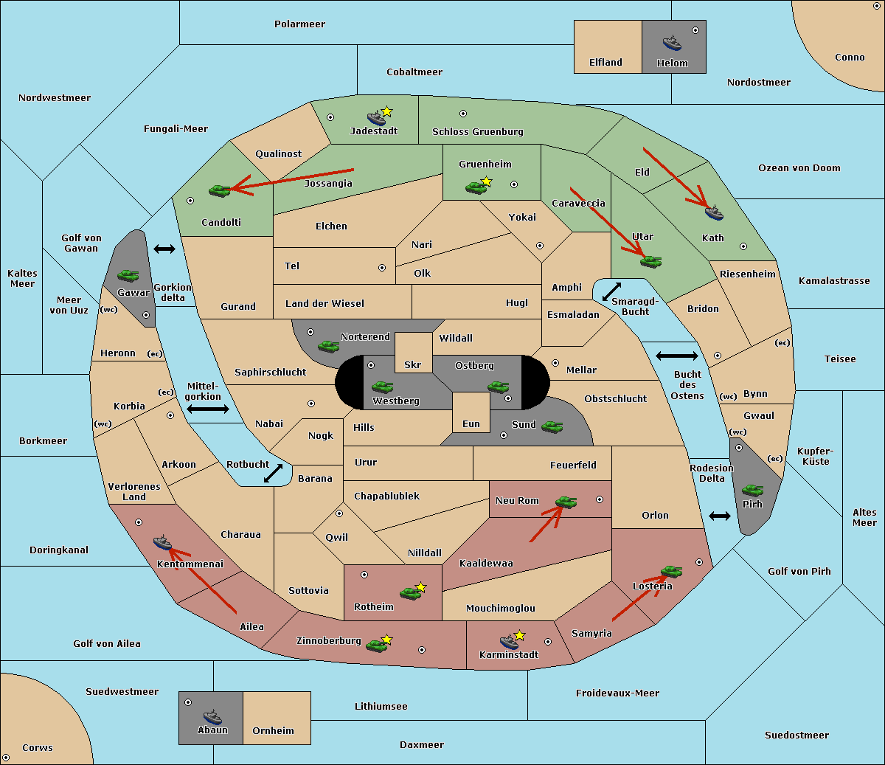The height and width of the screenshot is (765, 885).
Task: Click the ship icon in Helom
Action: pos(672,43)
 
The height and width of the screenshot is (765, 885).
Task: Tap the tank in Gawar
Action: pos(128,275)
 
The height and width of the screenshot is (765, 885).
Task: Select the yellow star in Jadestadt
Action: pos(386,111)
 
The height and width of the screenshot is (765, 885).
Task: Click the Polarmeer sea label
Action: pos(299,24)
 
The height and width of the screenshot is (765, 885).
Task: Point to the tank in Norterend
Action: pos(328,346)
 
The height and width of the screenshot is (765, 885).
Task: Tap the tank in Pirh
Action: pos(752,490)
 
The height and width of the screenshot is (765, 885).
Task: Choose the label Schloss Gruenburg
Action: pos(478,131)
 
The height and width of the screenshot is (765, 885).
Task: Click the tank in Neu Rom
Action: pos(566,502)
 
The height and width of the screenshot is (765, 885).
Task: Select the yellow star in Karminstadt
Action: pos(519,635)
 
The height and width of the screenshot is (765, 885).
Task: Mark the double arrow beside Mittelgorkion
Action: pos(208,409)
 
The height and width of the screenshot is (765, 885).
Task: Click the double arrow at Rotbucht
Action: pos(273,474)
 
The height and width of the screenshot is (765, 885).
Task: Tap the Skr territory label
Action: pos(412,364)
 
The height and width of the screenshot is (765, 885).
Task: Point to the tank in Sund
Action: pos(552,427)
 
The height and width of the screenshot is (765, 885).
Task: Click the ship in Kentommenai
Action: pos(162,543)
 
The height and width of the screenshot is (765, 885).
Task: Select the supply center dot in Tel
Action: pos(382,268)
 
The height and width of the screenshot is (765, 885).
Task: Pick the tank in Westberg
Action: pos(382,387)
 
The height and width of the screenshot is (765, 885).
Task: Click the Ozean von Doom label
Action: pos(799,168)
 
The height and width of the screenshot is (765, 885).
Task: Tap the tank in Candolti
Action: pos(219,190)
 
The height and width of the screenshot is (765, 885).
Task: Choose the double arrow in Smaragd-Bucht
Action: pos(611,291)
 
